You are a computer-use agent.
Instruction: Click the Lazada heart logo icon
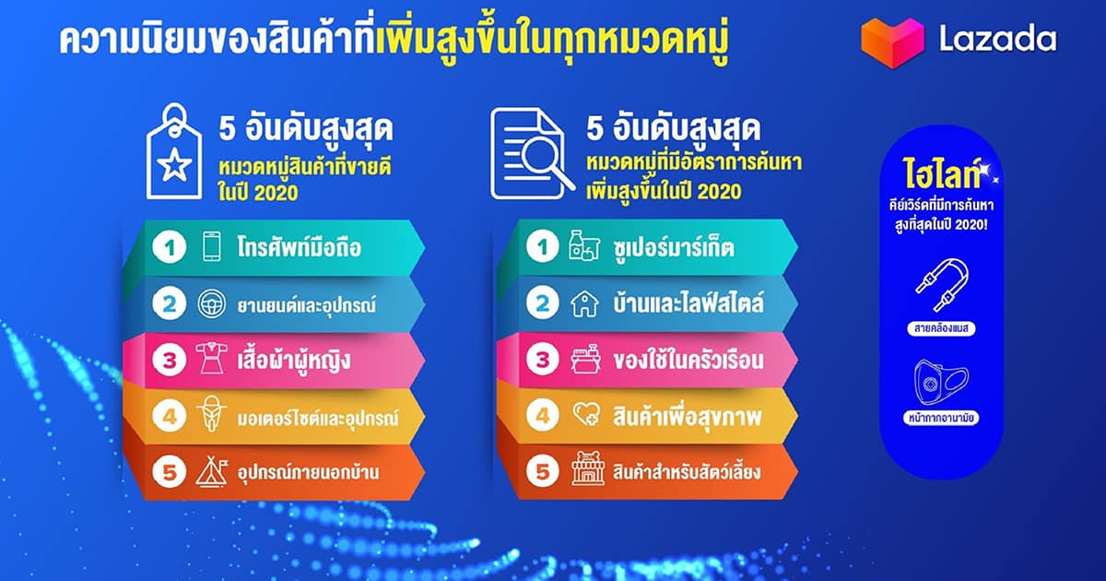point(892,43)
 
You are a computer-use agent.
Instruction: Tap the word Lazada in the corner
point(997,39)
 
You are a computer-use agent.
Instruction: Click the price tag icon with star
point(174,151)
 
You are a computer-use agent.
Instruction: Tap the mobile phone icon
point(212,246)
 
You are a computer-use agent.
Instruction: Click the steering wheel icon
point(212,303)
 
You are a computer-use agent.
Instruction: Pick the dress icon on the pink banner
point(212,359)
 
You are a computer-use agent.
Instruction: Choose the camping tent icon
point(212,471)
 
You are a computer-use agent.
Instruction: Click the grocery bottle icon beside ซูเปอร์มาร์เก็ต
point(584,245)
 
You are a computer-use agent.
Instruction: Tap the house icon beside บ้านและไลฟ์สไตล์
point(584,303)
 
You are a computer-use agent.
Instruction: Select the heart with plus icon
point(586,414)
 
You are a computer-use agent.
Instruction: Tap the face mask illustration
point(941,382)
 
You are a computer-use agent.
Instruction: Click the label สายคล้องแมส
point(941,328)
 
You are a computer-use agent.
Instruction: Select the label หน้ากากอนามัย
point(941,418)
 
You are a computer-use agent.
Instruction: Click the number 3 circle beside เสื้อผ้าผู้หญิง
point(170,360)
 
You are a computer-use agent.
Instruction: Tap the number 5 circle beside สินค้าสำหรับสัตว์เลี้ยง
point(543,471)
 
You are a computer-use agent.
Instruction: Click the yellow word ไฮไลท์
point(941,173)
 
